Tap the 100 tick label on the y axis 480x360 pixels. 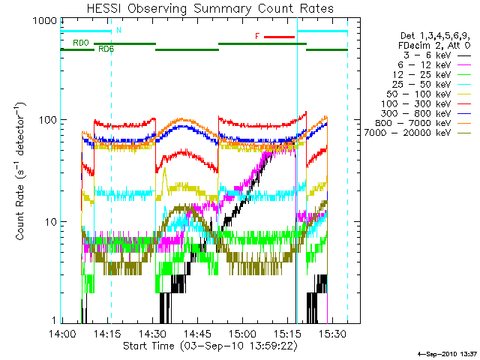48,121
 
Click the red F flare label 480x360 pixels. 257,36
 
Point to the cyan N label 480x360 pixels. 118,31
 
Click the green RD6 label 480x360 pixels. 106,49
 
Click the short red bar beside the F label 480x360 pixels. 279,36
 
